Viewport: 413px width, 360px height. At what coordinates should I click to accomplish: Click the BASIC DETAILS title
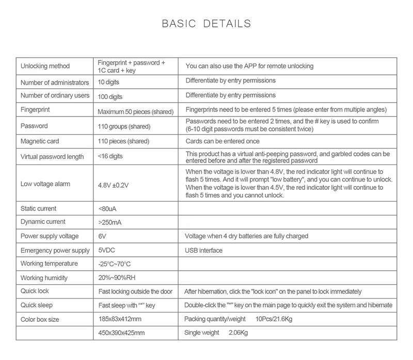[206, 24]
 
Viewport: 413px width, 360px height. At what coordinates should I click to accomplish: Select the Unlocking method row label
[45, 67]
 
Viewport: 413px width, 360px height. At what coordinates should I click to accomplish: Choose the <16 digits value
[110, 156]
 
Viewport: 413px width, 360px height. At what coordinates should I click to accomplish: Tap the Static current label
[39, 208]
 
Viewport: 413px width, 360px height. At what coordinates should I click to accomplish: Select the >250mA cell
[110, 223]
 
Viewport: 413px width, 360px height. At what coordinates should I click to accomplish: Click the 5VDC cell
[107, 251]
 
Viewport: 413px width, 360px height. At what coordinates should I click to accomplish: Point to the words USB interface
[204, 251]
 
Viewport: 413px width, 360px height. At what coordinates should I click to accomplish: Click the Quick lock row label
[35, 291]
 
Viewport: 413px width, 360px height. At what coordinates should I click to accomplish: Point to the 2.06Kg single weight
[239, 333]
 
